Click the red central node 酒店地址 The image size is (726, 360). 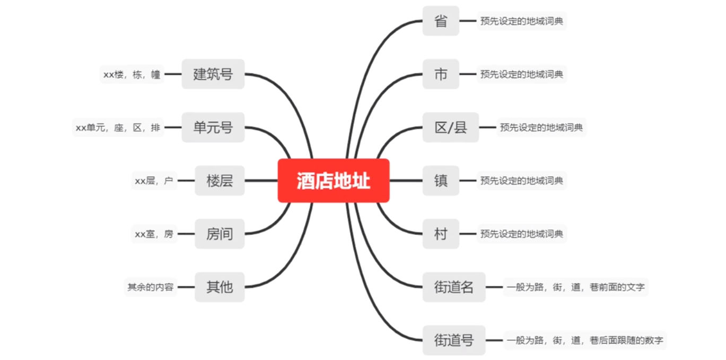tap(333, 181)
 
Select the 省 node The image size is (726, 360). tap(440, 21)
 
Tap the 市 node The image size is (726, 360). tap(440, 74)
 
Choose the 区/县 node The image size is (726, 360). tap(450, 127)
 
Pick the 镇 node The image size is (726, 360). tap(440, 181)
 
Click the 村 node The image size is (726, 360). tap(440, 234)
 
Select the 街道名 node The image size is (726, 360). tap(453, 287)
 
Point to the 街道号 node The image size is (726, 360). tap(453, 340)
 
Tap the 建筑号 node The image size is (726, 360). tap(213, 74)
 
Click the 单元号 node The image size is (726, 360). tap(213, 127)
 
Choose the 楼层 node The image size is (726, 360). tap(219, 181)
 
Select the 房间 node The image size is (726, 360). tap(219, 234)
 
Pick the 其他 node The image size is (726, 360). tap(219, 287)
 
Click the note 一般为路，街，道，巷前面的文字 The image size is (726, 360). tap(575, 287)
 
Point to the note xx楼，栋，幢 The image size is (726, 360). tap(132, 75)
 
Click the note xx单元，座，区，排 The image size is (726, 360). tap(118, 128)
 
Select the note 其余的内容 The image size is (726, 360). tap(150, 287)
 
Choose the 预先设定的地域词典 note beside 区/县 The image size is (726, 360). tap(541, 127)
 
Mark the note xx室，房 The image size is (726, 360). tap(154, 234)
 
